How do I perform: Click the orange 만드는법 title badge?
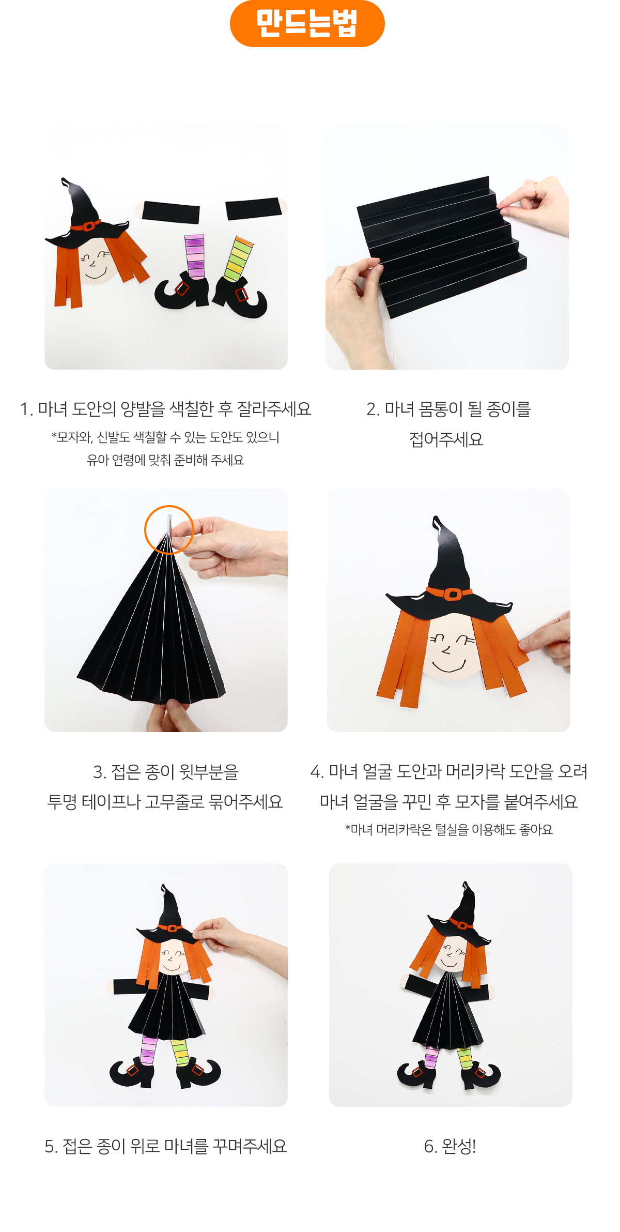click(307, 23)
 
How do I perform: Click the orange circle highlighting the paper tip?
click(169, 529)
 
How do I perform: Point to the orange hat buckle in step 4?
click(453, 594)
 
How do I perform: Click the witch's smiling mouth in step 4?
click(448, 666)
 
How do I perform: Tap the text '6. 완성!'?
click(450, 1146)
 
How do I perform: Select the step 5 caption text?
click(165, 1146)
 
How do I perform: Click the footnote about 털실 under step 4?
click(448, 829)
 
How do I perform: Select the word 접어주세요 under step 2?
click(446, 439)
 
